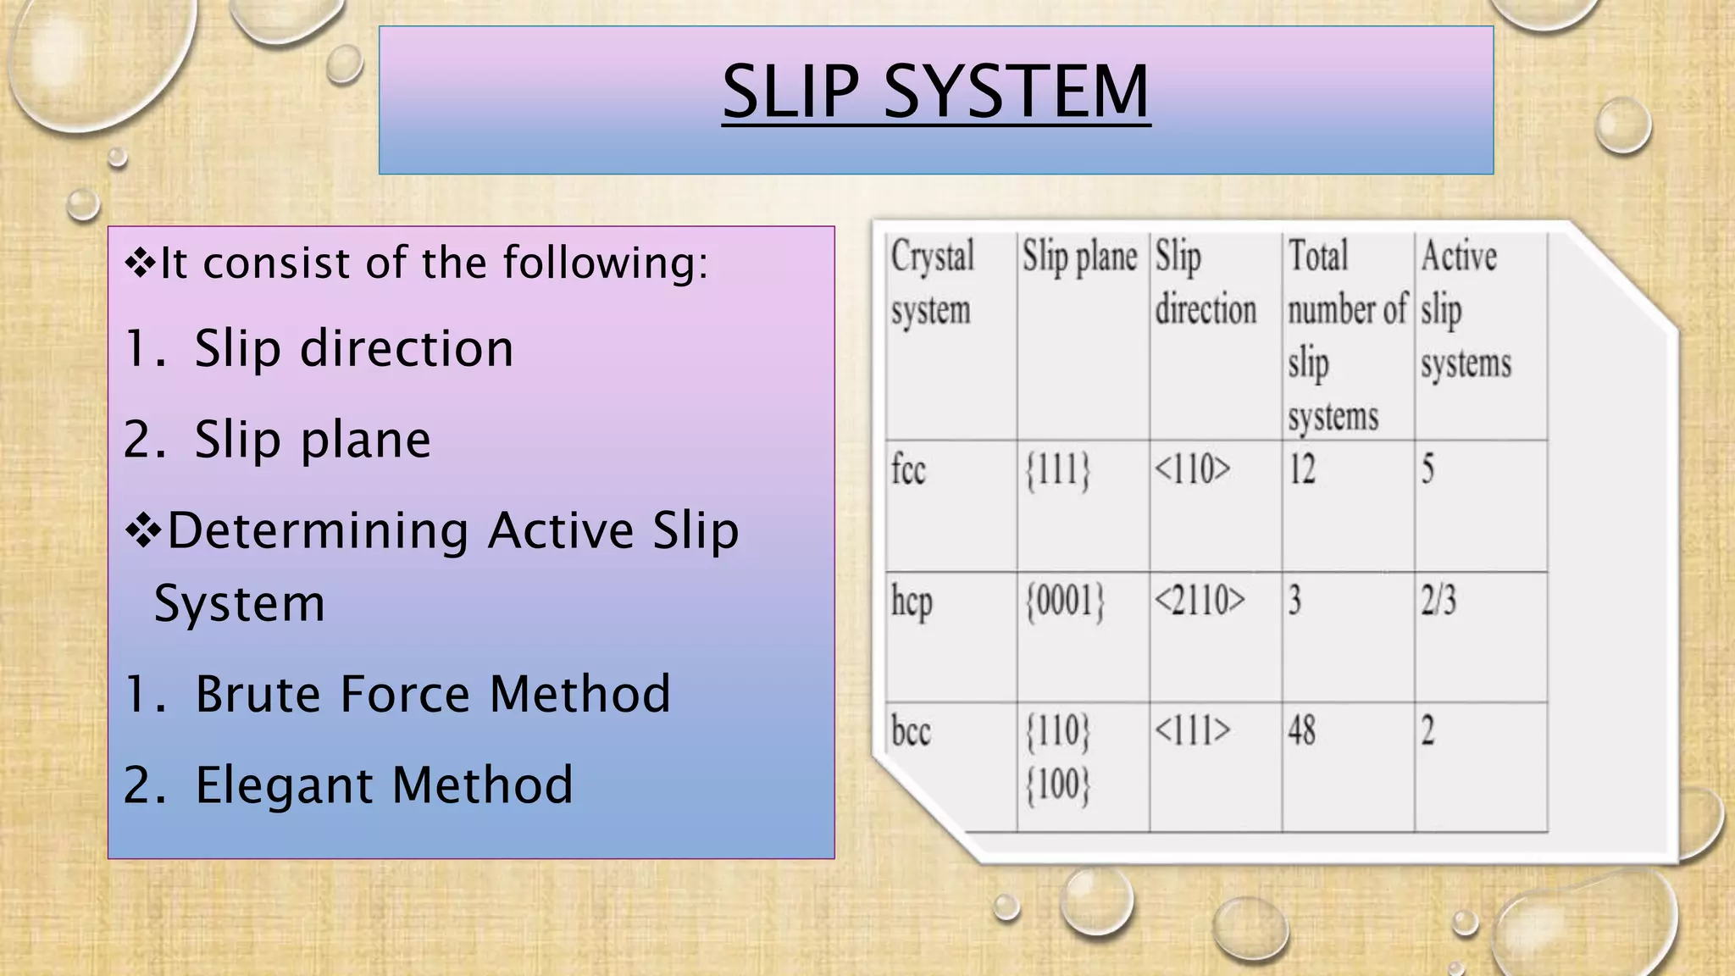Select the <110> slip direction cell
[x=1192, y=469]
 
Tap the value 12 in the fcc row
[x=1302, y=469]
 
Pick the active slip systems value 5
[x=1427, y=469]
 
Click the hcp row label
[x=912, y=602]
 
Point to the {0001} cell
[x=1065, y=602]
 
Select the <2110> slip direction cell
[x=1200, y=601]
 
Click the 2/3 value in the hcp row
[x=1438, y=601]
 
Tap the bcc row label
[x=911, y=731]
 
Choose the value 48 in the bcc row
[x=1302, y=730]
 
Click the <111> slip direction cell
[x=1192, y=730]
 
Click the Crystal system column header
[x=932, y=282]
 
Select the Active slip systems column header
[x=1466, y=309]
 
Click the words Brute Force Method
[x=432, y=694]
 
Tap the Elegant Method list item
[x=384, y=785]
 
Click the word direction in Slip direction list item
[x=407, y=348]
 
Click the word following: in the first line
[x=606, y=263]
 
